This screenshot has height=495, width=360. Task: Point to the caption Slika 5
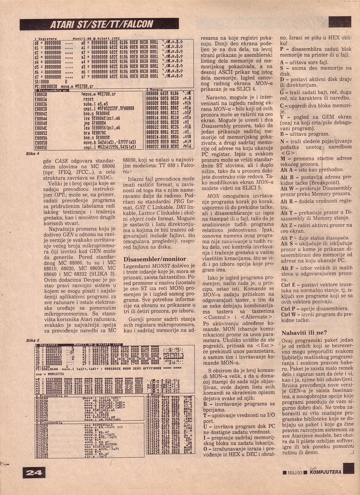coord(32,340)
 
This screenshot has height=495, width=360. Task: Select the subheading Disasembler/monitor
coord(155,259)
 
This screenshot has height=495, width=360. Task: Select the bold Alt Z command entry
coord(287,225)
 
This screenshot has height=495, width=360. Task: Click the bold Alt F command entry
coord(287,268)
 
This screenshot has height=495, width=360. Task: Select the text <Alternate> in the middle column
coord(258,317)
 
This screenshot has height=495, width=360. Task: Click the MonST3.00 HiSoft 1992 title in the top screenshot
coord(96,38)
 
